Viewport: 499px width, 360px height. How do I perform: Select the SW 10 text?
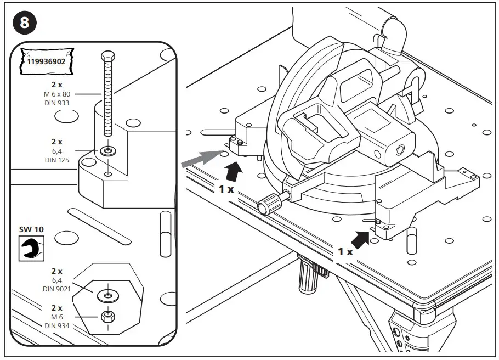pyautogui.click(x=31, y=229)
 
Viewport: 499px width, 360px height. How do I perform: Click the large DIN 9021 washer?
pyautogui.click(x=109, y=295)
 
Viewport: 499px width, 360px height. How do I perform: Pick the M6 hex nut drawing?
pyautogui.click(x=109, y=316)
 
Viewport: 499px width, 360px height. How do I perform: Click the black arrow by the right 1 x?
pyautogui.click(x=361, y=239)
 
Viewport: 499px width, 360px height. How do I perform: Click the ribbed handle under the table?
pyautogui.click(x=306, y=274)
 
